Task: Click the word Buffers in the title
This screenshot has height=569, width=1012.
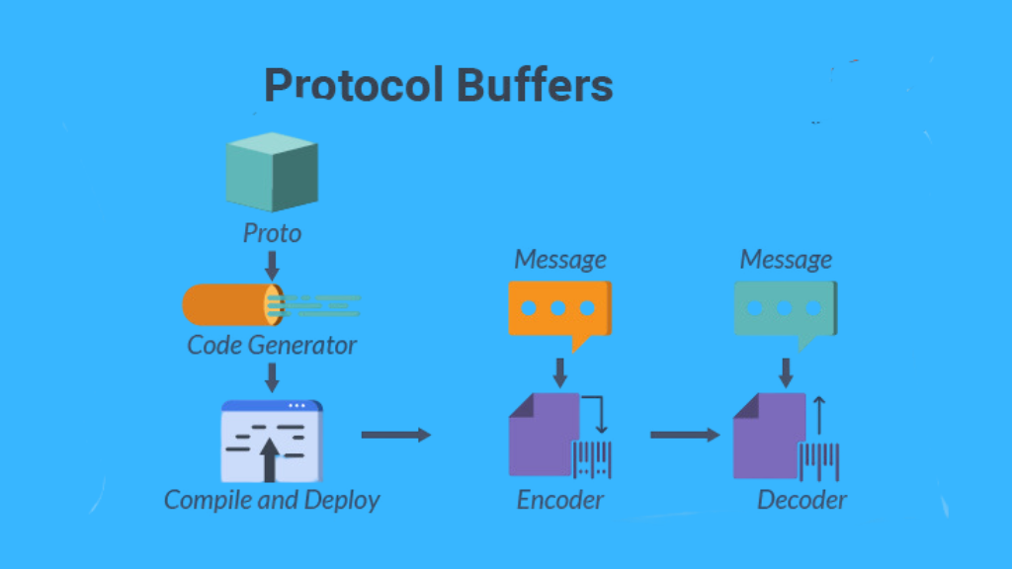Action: point(535,85)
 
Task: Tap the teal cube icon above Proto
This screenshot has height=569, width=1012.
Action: point(272,172)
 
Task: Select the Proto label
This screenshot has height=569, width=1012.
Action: point(272,233)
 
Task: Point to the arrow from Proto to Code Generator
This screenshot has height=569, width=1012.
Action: point(272,265)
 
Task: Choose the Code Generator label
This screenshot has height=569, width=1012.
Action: point(272,345)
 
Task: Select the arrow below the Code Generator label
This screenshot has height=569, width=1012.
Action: point(272,377)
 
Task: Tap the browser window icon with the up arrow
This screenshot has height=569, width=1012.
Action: point(272,442)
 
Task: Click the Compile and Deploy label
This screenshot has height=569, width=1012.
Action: point(272,500)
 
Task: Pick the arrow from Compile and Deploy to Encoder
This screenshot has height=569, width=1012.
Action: point(395,435)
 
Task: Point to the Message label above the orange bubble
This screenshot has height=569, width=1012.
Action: point(559,260)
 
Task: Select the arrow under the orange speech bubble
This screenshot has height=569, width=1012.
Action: point(559,372)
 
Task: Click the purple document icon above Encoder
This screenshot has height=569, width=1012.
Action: point(545,435)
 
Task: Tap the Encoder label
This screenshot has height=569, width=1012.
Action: point(559,500)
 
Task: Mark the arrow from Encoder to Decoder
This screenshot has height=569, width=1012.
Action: point(685,435)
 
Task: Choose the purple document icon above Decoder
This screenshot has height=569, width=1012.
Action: point(769,436)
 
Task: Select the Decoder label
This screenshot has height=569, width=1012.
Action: point(801,500)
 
